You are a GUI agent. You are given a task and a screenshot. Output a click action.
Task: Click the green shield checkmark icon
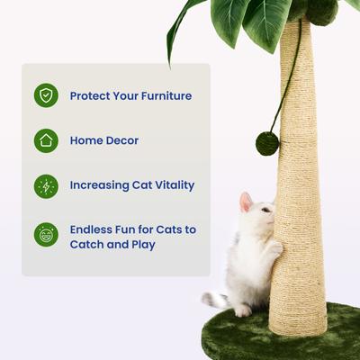pos(46,95)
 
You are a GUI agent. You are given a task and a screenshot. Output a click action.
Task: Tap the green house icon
pos(46,140)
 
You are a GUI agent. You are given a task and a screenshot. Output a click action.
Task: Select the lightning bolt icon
pos(46,186)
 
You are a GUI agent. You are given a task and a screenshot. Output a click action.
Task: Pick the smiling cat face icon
pos(46,236)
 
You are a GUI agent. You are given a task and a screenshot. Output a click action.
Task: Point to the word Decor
pos(121,140)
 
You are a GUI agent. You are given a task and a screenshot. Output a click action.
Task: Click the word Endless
pos(94,229)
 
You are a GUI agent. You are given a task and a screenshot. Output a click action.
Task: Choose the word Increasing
pos(102,185)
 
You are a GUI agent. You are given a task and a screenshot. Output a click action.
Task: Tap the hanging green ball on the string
pos(267,143)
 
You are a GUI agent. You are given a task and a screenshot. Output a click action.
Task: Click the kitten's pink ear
pos(245,202)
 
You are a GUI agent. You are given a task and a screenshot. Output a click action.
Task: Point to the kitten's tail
pos(214,299)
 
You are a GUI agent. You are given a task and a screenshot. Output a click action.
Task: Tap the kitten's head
pos(256,216)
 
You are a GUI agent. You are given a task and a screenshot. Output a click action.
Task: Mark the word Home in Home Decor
pos(85,140)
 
